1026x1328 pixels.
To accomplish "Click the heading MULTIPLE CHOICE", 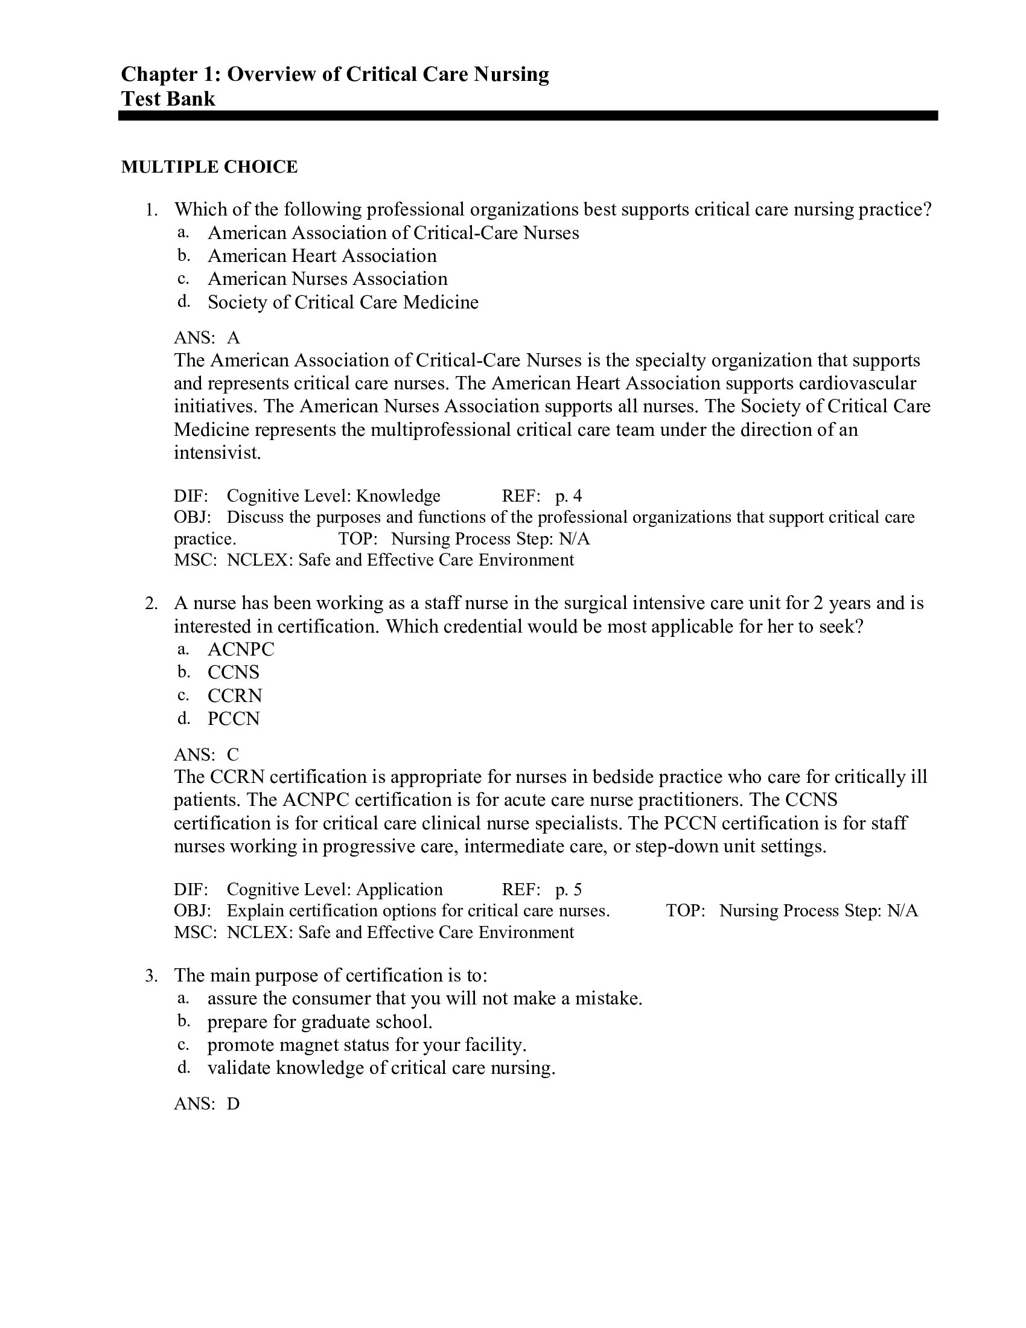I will pos(209,167).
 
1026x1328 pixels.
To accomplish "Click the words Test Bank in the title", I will pos(168,98).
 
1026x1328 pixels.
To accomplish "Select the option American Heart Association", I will pos(322,256).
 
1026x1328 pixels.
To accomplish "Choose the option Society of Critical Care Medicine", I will pos(343,302).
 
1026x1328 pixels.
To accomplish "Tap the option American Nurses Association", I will pos(327,279).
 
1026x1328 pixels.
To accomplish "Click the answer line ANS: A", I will pos(206,337).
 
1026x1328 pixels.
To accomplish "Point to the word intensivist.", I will pos(217,453).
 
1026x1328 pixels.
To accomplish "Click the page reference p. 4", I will pos(568,496).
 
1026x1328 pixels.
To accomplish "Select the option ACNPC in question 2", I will pos(241,650).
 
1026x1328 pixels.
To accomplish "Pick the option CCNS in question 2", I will pos(234,672).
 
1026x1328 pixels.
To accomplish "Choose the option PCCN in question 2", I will pos(234,719).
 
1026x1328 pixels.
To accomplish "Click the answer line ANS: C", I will pos(206,755).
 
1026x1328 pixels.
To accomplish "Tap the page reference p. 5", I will pos(568,890).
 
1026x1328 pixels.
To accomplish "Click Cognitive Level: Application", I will pos(334,890).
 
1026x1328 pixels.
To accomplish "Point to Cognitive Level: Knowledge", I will pos(333,496).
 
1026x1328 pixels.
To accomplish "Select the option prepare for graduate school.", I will pos(320,1022).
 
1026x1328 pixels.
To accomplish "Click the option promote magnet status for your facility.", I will pos(366,1045).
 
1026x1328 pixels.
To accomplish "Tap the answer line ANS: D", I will pos(206,1103).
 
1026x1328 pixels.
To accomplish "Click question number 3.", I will pos(151,977).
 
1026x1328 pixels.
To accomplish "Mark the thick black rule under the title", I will pos(527,115).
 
